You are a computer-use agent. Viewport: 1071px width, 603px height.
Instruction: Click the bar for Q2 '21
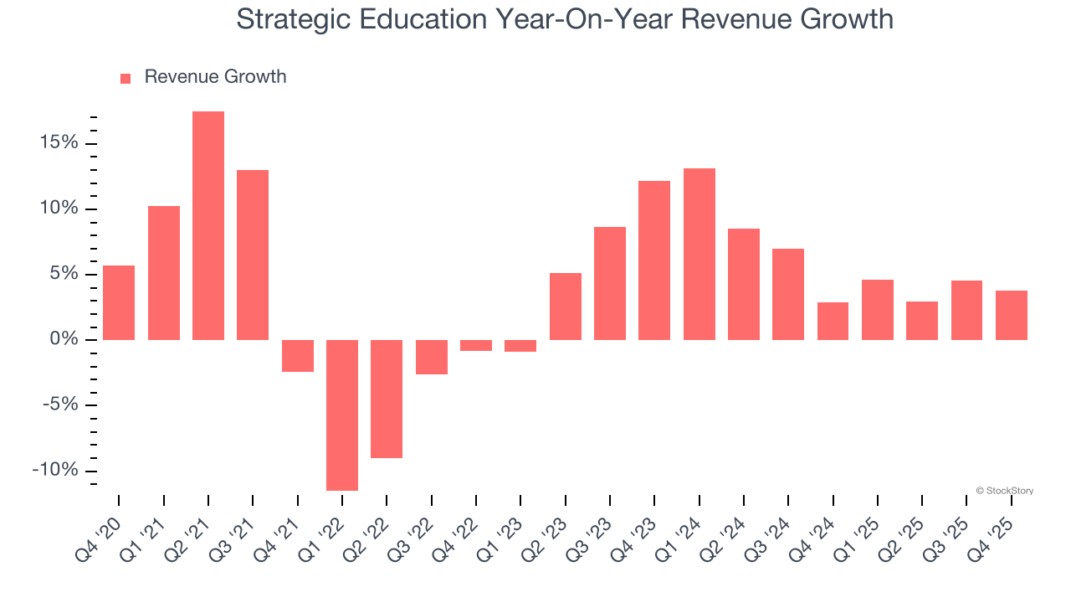(x=208, y=225)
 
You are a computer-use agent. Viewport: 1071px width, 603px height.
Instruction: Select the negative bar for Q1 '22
(x=342, y=415)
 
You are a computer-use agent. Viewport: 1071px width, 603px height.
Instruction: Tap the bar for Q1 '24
(x=699, y=254)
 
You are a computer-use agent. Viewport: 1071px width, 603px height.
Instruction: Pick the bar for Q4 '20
(x=119, y=302)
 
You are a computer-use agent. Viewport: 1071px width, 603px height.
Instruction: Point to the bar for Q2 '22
(x=387, y=399)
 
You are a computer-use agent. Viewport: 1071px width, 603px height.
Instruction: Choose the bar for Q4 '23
(x=654, y=260)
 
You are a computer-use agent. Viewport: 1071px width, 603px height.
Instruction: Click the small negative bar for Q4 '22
(x=476, y=345)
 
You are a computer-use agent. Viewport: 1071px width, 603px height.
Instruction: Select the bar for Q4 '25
(x=1012, y=315)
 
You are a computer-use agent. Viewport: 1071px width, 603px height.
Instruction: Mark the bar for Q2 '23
(x=566, y=307)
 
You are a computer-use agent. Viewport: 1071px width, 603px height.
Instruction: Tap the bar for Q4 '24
(x=833, y=321)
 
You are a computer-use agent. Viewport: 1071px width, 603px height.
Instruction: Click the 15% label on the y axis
(x=59, y=143)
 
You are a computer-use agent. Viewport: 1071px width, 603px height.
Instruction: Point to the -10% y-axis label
(x=55, y=470)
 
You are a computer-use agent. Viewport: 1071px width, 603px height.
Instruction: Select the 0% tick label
(x=64, y=339)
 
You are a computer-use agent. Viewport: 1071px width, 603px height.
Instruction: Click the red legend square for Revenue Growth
(x=126, y=78)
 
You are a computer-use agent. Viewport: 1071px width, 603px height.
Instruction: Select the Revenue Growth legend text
(x=215, y=77)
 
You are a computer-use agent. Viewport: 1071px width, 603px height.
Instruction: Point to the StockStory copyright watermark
(x=1004, y=491)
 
